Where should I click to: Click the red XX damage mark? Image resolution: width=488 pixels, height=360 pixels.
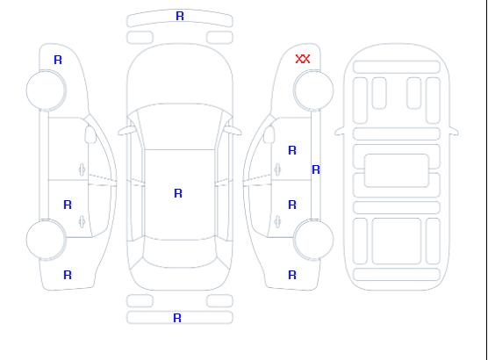[x=303, y=59]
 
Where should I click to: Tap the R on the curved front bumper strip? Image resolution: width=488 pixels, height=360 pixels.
[x=180, y=16]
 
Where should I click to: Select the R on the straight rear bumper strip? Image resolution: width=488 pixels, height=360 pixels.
[x=177, y=318]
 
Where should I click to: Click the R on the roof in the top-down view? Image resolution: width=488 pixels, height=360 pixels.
[x=178, y=193]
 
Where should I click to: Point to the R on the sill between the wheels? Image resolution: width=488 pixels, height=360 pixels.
[x=316, y=169]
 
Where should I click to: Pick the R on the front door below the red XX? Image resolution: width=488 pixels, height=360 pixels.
[x=292, y=150]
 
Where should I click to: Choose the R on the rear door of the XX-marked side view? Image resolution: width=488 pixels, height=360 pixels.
[x=292, y=205]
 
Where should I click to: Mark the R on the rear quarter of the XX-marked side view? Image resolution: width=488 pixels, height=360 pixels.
[x=292, y=275]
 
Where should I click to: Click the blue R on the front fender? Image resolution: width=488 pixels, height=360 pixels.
[x=58, y=60]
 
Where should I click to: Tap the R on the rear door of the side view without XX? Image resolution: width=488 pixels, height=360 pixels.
[x=68, y=205]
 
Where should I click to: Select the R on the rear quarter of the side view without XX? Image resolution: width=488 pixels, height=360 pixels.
[x=68, y=275]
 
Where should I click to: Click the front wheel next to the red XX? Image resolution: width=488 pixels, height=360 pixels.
[x=313, y=90]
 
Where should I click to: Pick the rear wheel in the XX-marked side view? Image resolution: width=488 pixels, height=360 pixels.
[x=313, y=239]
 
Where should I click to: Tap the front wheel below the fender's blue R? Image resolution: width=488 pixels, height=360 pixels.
[x=46, y=90]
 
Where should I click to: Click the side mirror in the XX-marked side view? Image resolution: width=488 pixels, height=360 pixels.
[x=269, y=134]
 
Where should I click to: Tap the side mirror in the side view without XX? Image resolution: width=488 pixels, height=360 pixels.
[x=90, y=134]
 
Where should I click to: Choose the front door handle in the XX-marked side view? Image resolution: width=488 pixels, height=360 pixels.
[x=277, y=169]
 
